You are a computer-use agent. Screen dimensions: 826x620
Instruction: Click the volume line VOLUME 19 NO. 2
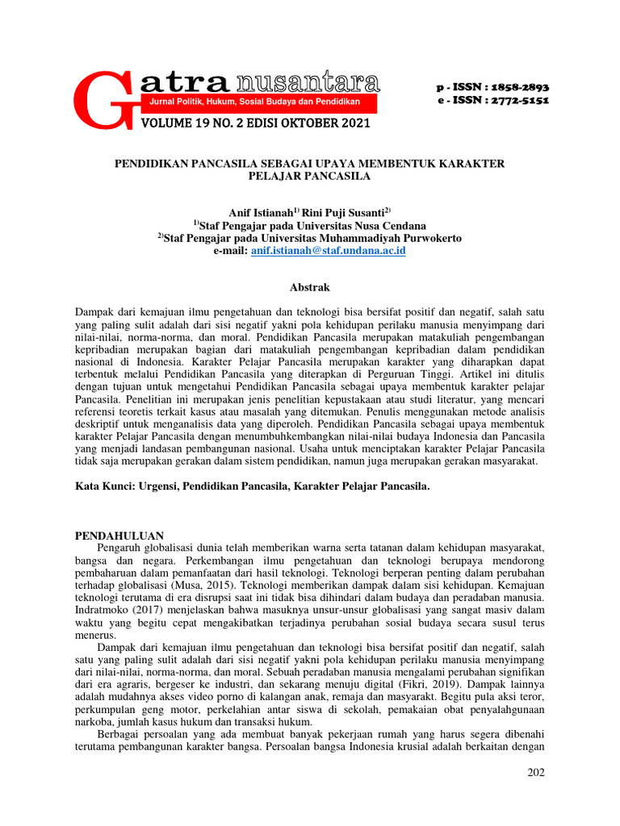click(x=255, y=123)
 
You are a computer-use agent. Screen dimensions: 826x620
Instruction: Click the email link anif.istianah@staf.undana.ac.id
click(x=328, y=251)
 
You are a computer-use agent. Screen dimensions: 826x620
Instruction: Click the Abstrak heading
click(x=309, y=287)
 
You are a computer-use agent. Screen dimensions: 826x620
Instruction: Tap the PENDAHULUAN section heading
click(x=119, y=536)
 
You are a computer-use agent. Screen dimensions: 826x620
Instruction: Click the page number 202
click(x=535, y=772)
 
